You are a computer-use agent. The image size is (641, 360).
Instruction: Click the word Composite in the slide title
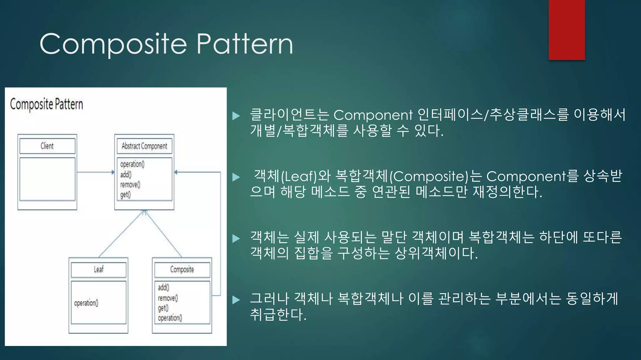[113, 44]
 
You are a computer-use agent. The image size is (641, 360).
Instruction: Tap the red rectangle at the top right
[567, 30]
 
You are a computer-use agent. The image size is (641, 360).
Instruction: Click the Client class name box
[47, 146]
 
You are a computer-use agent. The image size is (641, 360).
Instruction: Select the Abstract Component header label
[144, 146]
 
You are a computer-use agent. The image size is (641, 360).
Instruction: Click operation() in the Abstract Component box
[132, 164]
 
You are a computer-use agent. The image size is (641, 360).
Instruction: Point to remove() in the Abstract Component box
[130, 184]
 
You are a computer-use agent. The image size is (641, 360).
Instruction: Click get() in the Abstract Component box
[125, 195]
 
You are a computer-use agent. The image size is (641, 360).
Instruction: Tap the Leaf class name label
[99, 269]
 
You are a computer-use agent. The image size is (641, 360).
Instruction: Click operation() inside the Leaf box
[86, 303]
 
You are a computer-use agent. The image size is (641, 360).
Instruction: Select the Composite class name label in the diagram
[182, 269]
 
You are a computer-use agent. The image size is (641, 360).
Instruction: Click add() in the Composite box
[163, 287]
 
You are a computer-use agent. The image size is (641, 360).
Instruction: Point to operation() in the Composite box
[170, 318]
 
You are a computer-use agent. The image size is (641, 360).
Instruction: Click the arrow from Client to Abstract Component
[95, 172]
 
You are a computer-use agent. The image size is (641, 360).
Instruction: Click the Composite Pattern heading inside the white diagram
[46, 104]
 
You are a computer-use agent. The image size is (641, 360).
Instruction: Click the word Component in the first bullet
[373, 115]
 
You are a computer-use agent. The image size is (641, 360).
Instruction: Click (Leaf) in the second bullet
[299, 177]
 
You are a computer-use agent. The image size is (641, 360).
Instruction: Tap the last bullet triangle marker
[236, 300]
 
